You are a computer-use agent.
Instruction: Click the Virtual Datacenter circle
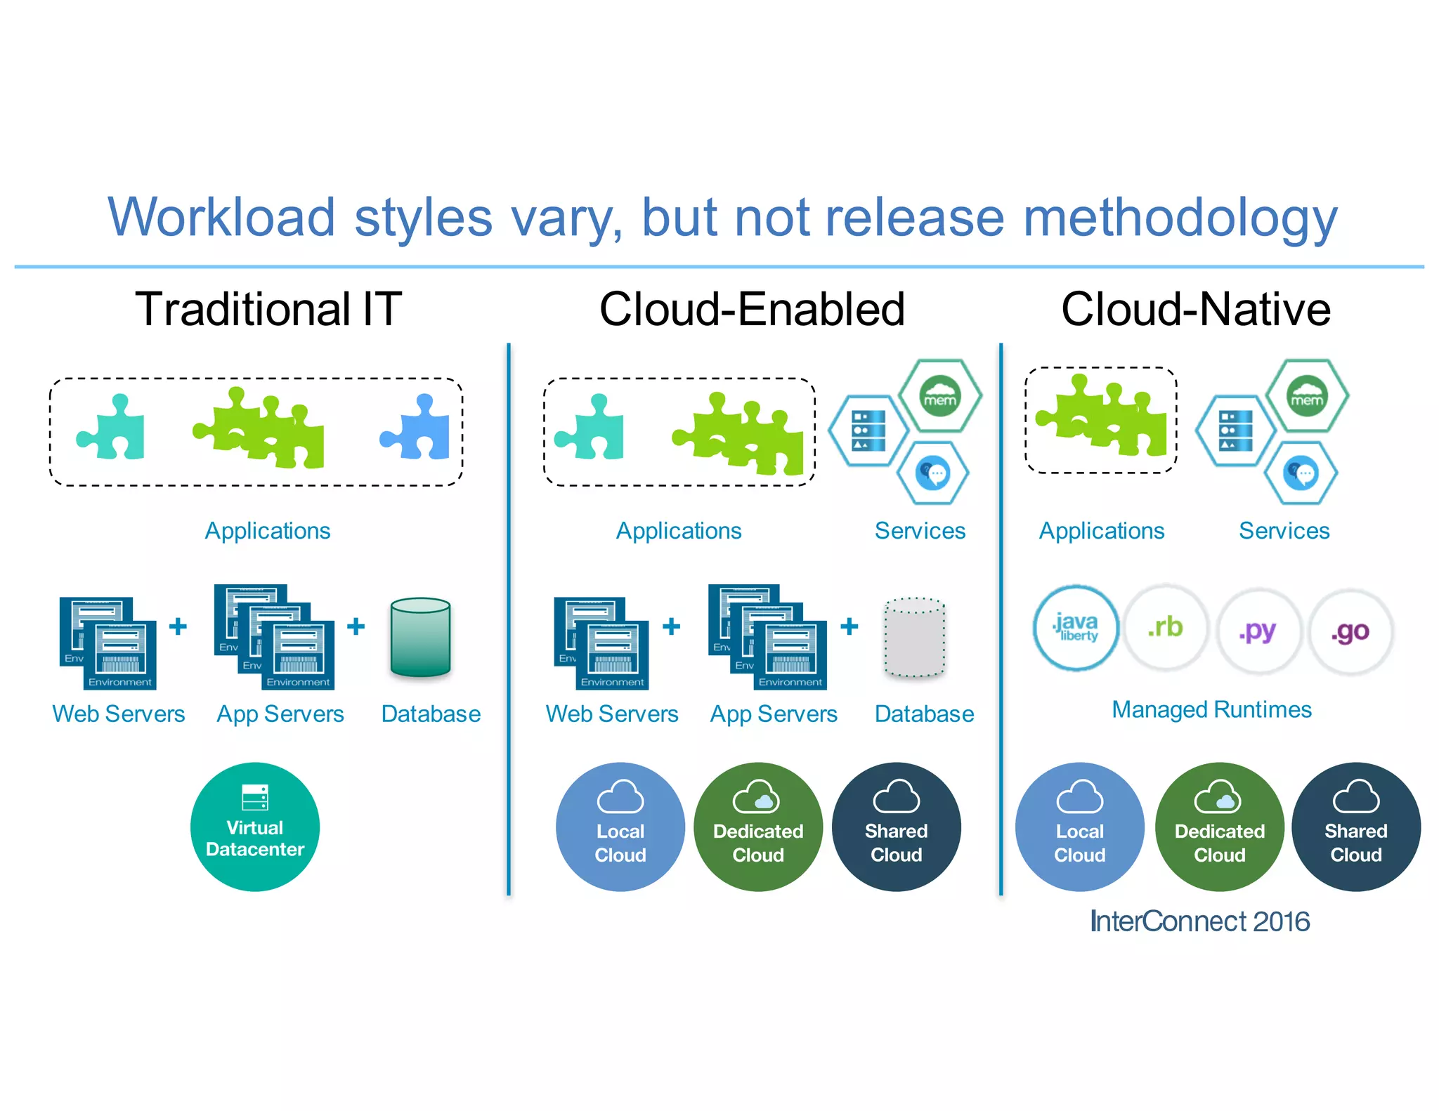coord(255,827)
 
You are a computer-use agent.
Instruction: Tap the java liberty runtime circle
coord(1076,628)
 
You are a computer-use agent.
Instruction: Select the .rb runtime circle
coord(1166,628)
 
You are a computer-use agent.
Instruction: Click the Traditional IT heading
coord(268,309)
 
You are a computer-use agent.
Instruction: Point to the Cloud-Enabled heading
coord(752,309)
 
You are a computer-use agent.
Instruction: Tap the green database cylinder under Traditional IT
coord(420,637)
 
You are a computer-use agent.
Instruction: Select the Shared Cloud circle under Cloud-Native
coord(1356,827)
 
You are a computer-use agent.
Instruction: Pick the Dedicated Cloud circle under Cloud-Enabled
coord(758,827)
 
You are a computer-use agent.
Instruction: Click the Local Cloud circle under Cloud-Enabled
coord(620,827)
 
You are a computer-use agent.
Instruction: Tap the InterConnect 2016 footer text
coord(1199,921)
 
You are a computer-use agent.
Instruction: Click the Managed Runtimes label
coord(1211,709)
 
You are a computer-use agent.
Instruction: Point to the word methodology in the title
coord(1180,218)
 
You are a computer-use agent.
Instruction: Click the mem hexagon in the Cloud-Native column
coord(1307,396)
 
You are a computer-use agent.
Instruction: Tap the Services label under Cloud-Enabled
coord(920,531)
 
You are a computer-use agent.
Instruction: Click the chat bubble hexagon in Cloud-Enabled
coord(934,473)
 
